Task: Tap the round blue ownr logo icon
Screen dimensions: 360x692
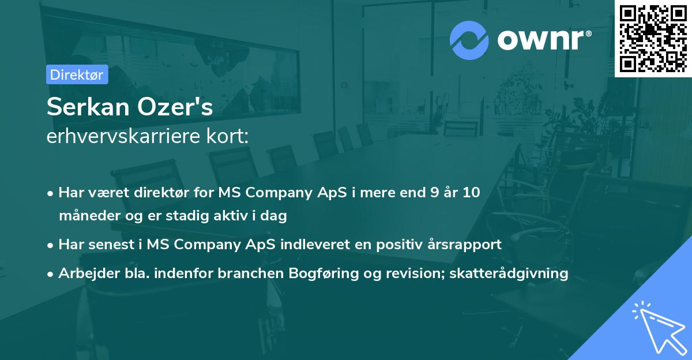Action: coord(469,40)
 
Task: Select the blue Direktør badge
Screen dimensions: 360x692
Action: coord(77,74)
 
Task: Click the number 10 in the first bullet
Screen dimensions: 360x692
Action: coord(472,192)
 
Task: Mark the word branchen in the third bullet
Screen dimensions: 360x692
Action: coord(245,273)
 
